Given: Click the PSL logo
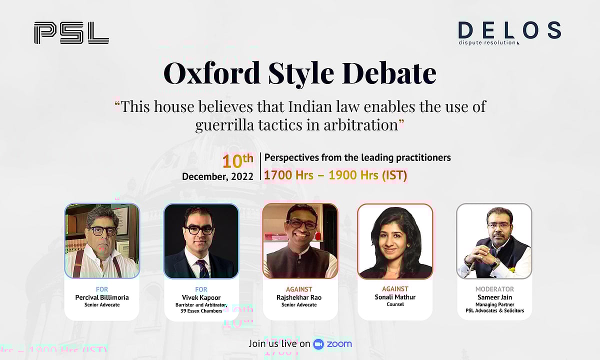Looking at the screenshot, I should [x=71, y=32].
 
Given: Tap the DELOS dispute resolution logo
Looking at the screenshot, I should [x=509, y=33].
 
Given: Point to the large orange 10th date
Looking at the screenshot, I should [x=237, y=161].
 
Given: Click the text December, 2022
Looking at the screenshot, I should [x=217, y=176].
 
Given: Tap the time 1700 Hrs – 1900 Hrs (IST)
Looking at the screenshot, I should [x=335, y=175].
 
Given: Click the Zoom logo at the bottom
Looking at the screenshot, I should [x=332, y=343].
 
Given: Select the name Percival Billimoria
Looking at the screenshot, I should [x=102, y=297].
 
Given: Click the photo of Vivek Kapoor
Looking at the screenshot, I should [x=201, y=241].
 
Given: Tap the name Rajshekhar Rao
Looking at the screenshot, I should [x=299, y=297].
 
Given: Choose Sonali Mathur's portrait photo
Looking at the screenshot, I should [x=394, y=241].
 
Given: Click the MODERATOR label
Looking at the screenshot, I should [x=494, y=289].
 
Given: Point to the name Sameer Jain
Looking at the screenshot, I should [x=494, y=297].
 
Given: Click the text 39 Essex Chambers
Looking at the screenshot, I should [x=201, y=311].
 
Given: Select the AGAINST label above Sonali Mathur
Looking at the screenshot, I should [x=395, y=289].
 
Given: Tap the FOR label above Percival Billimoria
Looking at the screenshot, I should [x=102, y=289].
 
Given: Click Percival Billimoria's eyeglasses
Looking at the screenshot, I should [x=103, y=230].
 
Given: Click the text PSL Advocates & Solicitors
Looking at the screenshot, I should [x=494, y=311].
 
